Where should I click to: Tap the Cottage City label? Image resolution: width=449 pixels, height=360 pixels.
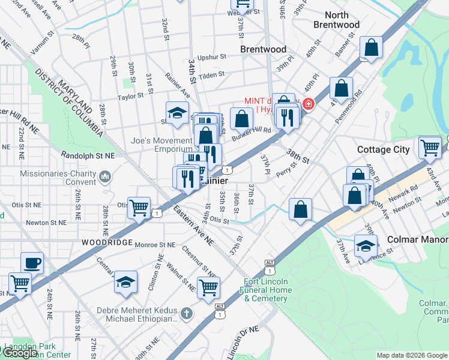point(383,149)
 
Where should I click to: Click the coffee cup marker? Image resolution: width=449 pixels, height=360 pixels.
point(32,263)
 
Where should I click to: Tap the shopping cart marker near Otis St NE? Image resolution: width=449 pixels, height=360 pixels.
point(139,208)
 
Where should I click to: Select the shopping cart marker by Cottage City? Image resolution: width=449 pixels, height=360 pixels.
point(430,146)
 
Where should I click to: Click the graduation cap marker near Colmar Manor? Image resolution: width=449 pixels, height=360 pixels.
point(366,246)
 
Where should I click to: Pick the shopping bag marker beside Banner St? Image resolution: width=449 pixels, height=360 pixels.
point(372,49)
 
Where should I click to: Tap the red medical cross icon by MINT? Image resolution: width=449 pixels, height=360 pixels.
point(308,104)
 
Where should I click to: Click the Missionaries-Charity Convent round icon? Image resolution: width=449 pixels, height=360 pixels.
point(106,176)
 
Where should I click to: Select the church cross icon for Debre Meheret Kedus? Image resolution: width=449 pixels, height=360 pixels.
point(187,313)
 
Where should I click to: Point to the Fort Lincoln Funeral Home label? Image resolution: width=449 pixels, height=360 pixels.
point(268,290)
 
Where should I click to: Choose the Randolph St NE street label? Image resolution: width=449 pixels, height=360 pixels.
point(88,155)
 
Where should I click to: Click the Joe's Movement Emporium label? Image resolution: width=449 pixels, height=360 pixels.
point(161,145)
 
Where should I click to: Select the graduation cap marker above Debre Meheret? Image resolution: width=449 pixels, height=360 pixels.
point(125,281)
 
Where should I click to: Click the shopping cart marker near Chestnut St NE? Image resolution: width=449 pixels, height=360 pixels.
point(208,287)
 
